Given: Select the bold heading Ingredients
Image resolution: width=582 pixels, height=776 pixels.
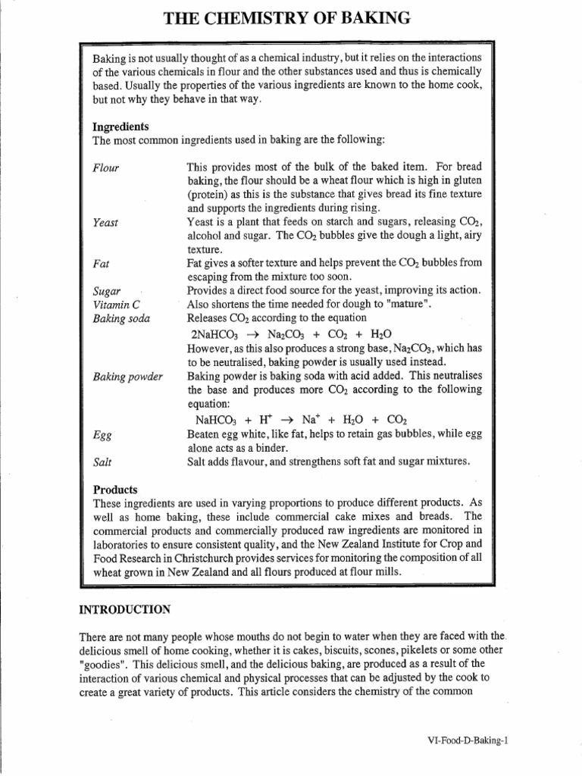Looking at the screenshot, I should (120, 127).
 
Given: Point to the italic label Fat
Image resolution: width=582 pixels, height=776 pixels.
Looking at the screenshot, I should (100, 264).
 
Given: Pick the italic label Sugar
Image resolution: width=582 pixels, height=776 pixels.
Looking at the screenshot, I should (106, 291).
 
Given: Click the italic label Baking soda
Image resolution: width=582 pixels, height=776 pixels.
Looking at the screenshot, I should (121, 318).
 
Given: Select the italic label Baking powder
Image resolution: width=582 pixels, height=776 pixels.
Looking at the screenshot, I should (127, 377).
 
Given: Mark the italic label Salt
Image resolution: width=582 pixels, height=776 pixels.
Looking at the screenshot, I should (102, 462).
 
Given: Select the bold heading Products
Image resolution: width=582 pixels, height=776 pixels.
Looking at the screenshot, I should (114, 489).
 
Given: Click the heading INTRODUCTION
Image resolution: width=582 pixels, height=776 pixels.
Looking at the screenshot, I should (124, 609).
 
